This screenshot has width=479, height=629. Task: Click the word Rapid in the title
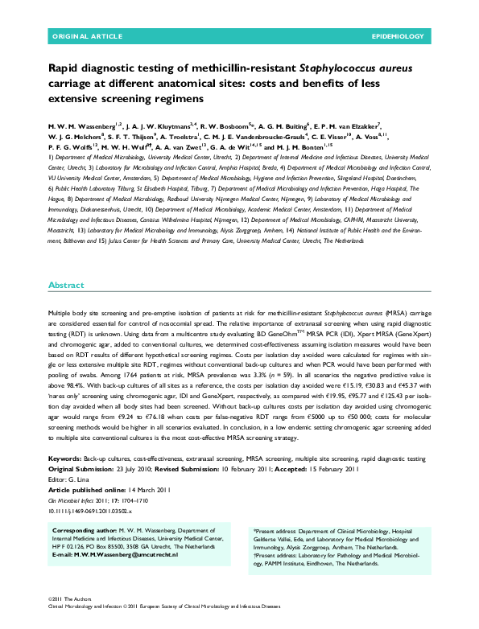[x=65, y=70]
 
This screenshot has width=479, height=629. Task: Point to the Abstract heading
[x=66, y=286]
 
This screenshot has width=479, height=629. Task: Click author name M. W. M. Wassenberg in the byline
[x=78, y=126]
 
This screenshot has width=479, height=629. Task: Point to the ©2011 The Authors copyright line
[x=71, y=600]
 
